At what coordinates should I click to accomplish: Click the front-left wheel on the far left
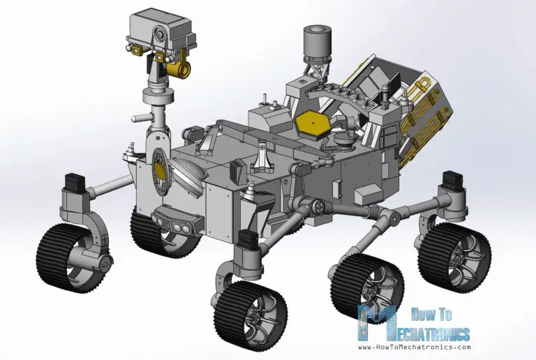[x=73, y=255]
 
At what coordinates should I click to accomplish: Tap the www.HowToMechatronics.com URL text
[x=415, y=347]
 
